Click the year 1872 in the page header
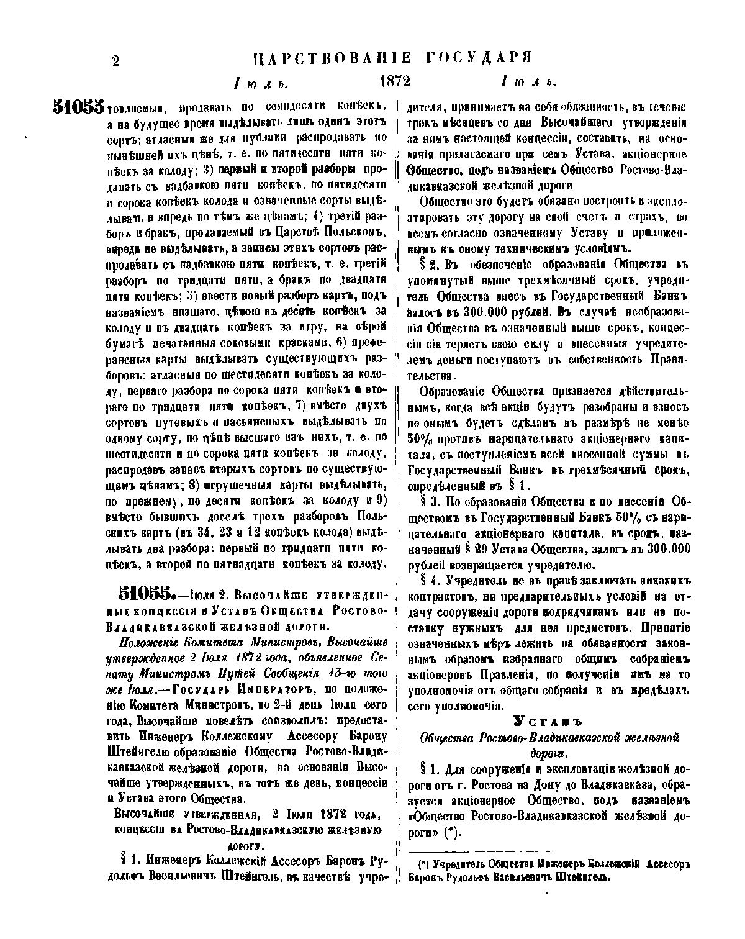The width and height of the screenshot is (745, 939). coord(395,81)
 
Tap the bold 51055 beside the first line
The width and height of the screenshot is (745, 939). coord(78,107)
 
